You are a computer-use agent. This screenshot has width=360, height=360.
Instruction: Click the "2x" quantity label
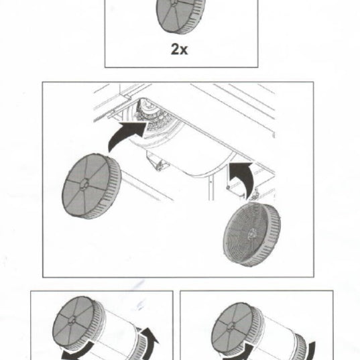pyautogui.click(x=179, y=49)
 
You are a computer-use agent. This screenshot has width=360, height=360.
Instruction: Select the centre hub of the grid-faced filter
pyautogui.click(x=252, y=233)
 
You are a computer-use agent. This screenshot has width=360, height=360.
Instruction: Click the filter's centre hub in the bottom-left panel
pyautogui.click(x=72, y=320)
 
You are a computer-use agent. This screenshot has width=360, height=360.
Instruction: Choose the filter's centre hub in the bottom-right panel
pyautogui.click(x=232, y=326)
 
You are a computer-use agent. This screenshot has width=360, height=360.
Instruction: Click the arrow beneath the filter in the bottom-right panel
pyautogui.click(x=239, y=353)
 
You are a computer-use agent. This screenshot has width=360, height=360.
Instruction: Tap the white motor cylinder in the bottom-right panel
pyautogui.click(x=278, y=337)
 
